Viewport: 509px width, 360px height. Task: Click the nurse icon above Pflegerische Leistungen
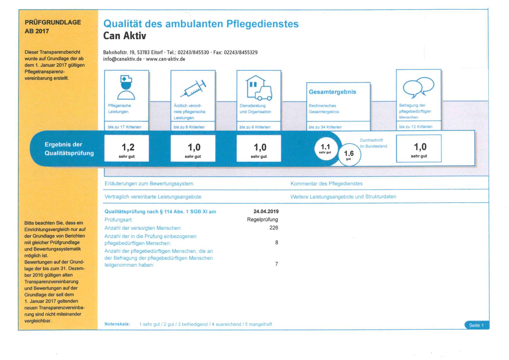126,87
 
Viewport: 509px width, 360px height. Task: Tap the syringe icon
193,88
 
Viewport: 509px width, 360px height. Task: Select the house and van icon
259,88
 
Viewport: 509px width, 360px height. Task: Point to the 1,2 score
128,147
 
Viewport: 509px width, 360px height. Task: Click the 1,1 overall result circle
325,148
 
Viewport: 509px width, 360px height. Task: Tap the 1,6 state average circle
349,155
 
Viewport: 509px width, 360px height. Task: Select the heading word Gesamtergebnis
332,92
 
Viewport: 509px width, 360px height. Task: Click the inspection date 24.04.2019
266,211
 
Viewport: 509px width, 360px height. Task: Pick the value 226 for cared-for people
274,228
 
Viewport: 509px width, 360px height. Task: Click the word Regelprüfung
262,219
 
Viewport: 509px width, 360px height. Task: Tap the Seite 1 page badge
476,325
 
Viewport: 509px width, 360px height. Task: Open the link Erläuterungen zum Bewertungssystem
149,184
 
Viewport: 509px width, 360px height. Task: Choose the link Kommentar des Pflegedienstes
326,184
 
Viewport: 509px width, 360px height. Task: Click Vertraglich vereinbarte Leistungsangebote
153,197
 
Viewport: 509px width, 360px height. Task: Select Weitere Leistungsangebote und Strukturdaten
343,197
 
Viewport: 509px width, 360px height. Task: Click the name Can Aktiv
125,36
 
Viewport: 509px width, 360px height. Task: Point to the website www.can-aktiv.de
166,59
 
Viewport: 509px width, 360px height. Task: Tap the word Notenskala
117,324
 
